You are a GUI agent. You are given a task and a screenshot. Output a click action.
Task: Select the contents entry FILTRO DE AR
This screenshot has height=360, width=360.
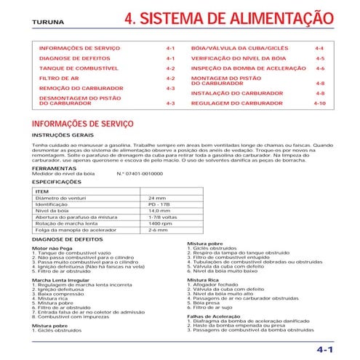60,77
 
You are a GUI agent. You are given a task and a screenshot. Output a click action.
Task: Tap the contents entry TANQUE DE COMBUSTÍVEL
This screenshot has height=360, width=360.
75,68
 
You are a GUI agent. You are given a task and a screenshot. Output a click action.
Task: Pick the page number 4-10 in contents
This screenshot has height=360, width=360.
319,104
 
